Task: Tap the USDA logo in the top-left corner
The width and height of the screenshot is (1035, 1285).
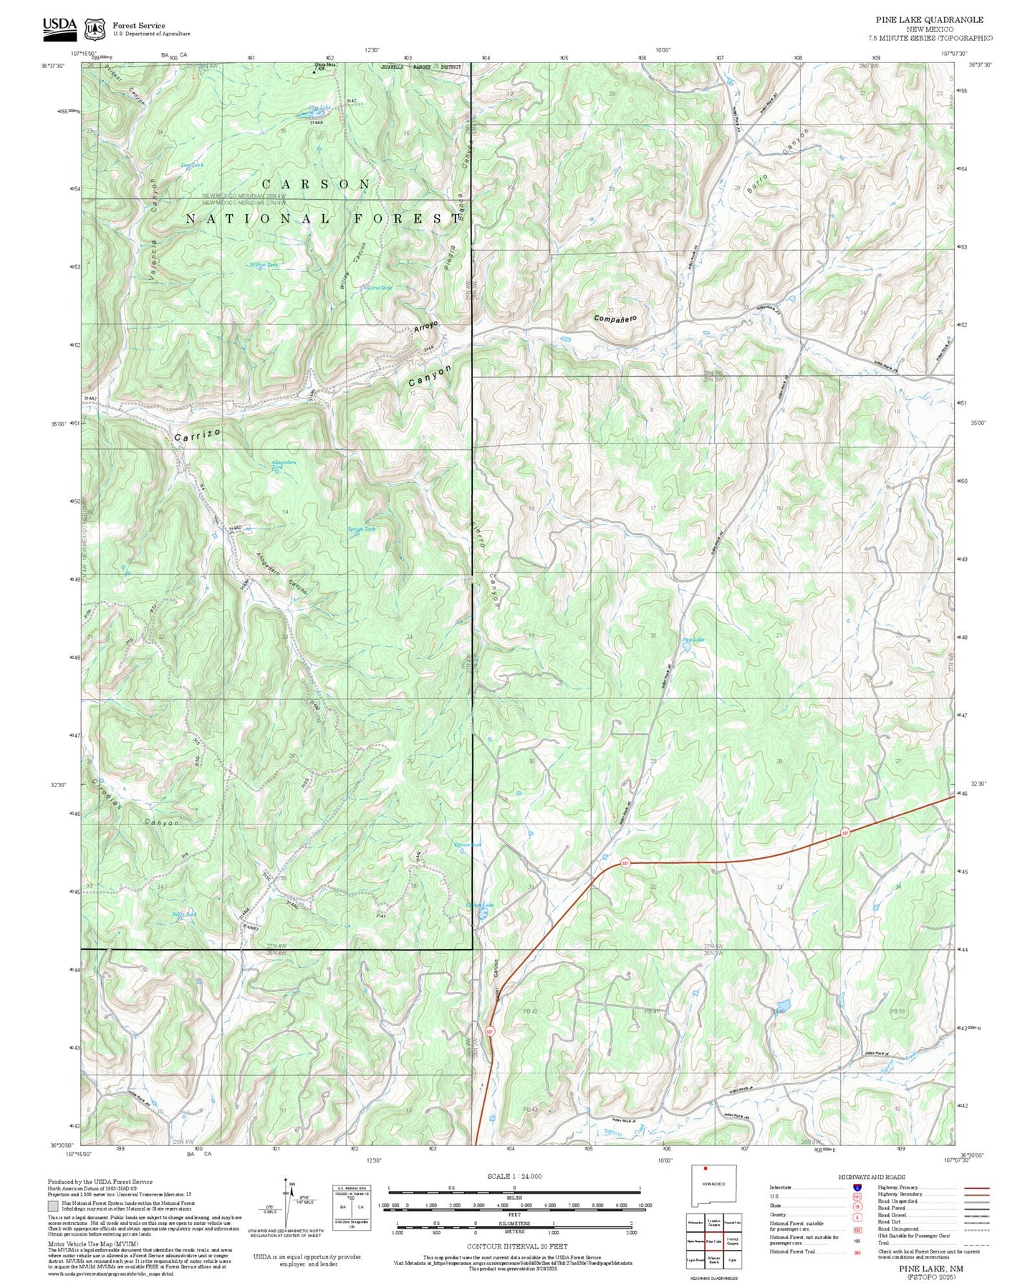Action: point(59,26)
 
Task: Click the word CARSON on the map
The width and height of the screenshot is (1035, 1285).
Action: point(316,185)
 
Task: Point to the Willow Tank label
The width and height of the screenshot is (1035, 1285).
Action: point(263,265)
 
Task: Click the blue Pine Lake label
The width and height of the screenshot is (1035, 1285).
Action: point(693,640)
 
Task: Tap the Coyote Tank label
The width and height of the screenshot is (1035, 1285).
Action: point(468,845)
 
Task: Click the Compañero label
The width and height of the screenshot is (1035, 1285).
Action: point(615,317)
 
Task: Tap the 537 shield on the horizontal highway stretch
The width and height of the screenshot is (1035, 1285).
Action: point(845,833)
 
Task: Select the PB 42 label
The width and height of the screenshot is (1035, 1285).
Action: point(530,1011)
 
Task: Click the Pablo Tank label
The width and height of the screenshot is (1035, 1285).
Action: point(183,915)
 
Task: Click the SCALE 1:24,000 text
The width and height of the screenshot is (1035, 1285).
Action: point(514,1177)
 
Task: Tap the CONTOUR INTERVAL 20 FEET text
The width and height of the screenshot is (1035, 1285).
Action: point(514,1246)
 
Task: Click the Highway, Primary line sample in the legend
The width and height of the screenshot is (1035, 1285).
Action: point(976,1188)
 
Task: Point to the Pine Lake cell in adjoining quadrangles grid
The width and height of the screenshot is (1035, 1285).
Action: point(713,1241)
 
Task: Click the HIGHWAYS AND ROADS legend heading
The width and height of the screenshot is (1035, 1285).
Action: point(871,1177)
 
